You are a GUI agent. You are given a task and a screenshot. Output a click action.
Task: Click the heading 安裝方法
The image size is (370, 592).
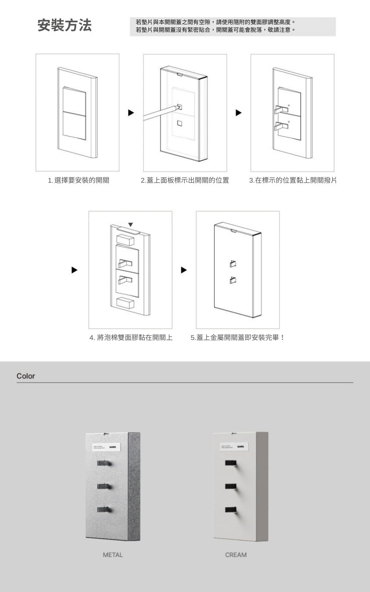pyautogui.click(x=65, y=26)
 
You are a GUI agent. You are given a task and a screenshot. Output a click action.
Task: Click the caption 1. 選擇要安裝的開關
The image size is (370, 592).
pyautogui.click(x=78, y=181)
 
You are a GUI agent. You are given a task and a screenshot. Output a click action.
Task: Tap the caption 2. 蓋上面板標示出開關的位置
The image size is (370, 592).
pyautogui.click(x=185, y=181)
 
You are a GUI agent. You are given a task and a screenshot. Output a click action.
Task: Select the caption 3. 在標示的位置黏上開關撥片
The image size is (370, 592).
pyautogui.click(x=293, y=181)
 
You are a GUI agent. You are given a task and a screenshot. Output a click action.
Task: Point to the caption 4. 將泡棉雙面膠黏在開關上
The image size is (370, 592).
pyautogui.click(x=131, y=338)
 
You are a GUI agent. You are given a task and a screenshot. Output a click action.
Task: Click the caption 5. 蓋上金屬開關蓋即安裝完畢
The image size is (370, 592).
pyautogui.click(x=237, y=338)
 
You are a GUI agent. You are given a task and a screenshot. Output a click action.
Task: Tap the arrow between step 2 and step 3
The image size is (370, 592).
pyautogui.click(x=238, y=113)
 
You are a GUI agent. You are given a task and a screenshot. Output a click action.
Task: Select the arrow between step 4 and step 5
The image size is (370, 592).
pyautogui.click(x=184, y=270)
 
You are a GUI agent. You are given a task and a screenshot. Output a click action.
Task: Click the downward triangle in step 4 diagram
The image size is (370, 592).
pyautogui.click(x=130, y=224)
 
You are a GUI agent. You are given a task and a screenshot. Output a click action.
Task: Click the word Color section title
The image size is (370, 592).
pyautogui.click(x=26, y=376)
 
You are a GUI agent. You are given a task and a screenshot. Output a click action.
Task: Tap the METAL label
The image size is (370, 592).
pyautogui.click(x=113, y=555)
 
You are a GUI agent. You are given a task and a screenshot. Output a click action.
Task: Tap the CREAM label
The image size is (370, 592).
pyautogui.click(x=236, y=555)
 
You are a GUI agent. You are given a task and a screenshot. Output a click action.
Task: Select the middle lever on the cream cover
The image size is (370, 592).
pyautogui.click(x=231, y=486)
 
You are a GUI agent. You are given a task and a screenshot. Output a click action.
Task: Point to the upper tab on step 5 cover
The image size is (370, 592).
pyautogui.click(x=233, y=263)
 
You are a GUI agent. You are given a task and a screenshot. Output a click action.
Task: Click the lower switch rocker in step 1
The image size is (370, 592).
pyautogui.click(x=75, y=126)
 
